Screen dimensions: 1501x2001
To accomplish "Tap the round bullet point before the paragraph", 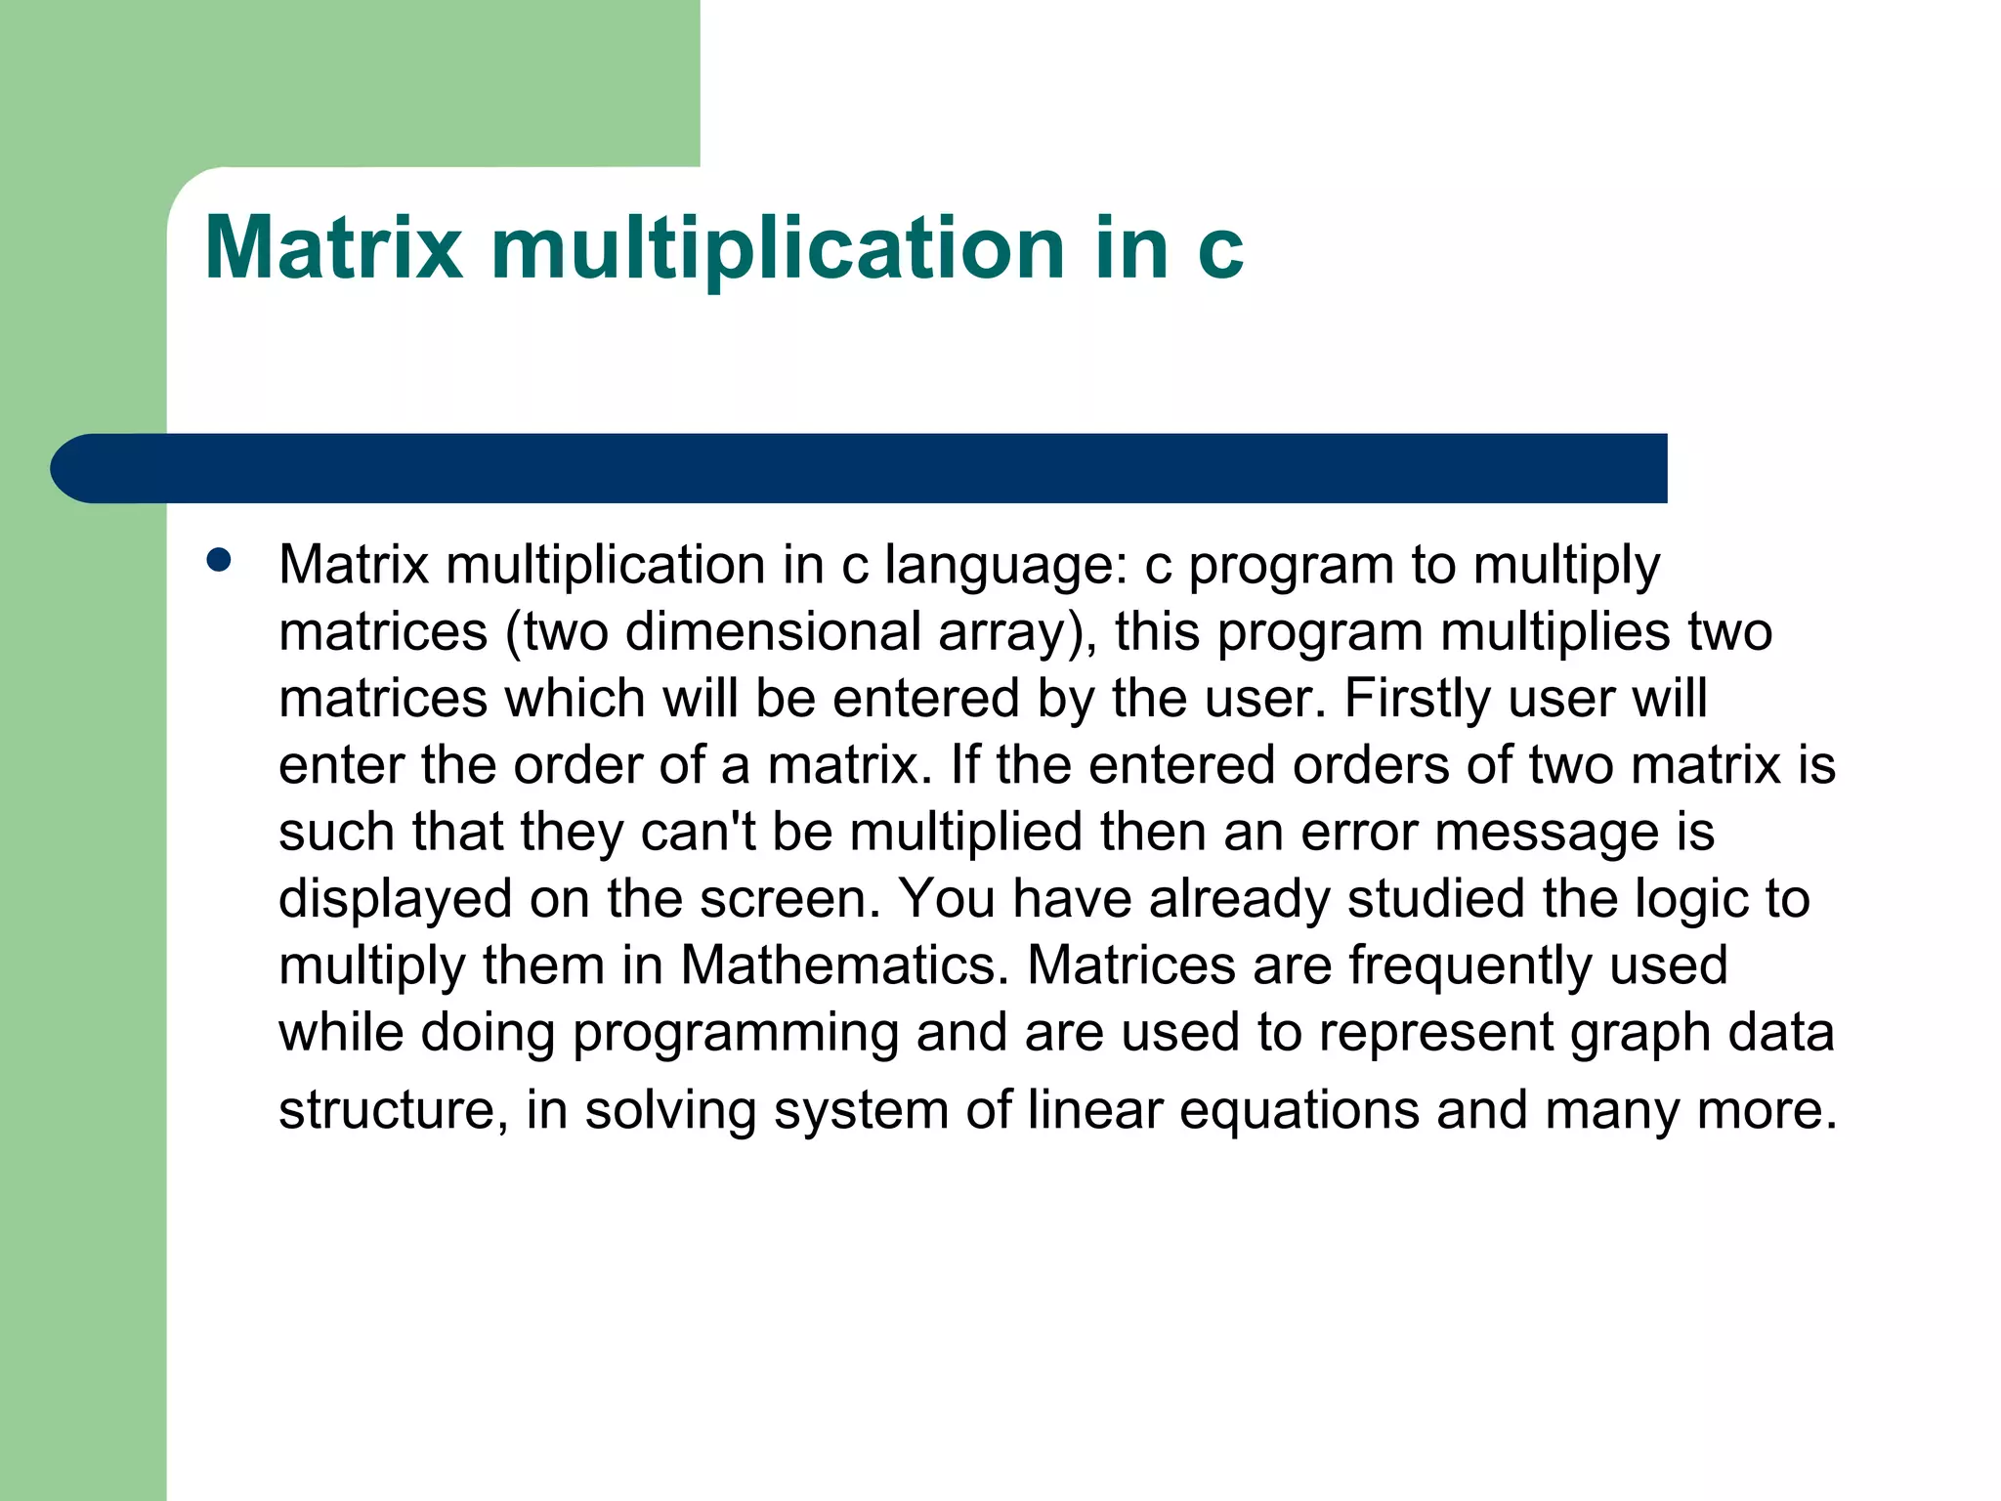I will (x=219, y=560).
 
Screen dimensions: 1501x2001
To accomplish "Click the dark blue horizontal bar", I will (x=860, y=468).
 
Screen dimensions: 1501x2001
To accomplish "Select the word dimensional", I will (x=773, y=632).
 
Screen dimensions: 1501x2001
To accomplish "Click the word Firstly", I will (x=1418, y=699).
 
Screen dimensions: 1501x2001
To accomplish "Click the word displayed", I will (x=395, y=899).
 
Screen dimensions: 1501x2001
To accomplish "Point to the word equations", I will (x=1299, y=1110).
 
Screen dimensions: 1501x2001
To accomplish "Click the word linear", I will (x=1094, y=1110).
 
